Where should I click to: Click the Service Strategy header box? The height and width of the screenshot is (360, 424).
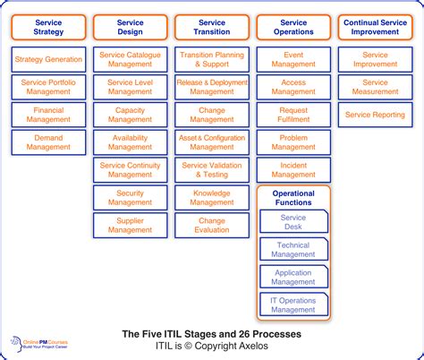point(48,28)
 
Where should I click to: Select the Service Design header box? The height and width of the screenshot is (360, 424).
point(130,28)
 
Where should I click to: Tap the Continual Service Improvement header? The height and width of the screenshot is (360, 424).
point(375,28)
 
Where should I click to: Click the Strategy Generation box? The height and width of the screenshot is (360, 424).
point(48,60)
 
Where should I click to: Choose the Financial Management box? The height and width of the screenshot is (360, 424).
point(48,115)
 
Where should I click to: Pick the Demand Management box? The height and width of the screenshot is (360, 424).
point(48,142)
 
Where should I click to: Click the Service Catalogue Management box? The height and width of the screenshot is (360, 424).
point(130,60)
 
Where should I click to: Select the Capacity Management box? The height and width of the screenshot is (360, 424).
point(130,115)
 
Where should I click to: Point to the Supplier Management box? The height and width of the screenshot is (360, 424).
point(130,225)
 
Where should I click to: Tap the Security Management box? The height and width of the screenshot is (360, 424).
point(130,198)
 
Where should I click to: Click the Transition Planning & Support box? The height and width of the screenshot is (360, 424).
point(212,60)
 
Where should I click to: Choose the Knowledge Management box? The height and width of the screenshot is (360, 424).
point(212,198)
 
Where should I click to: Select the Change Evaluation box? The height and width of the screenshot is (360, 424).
point(212,225)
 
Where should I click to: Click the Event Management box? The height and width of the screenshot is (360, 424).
point(293,60)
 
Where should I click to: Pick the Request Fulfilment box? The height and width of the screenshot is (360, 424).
point(293,115)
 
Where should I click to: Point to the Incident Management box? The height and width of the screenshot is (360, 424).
point(293,170)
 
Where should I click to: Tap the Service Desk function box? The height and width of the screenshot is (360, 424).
point(293,222)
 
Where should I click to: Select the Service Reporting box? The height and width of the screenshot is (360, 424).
point(375,115)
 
